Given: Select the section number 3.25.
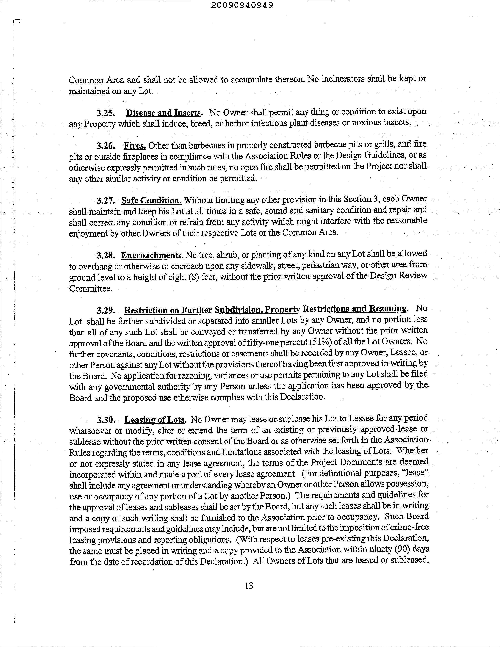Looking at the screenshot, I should click(x=105, y=113).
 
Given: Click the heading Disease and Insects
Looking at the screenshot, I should click(x=164, y=113).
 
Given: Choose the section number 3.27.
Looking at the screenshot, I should click(x=105, y=201).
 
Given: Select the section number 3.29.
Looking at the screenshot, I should click(x=105, y=311).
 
